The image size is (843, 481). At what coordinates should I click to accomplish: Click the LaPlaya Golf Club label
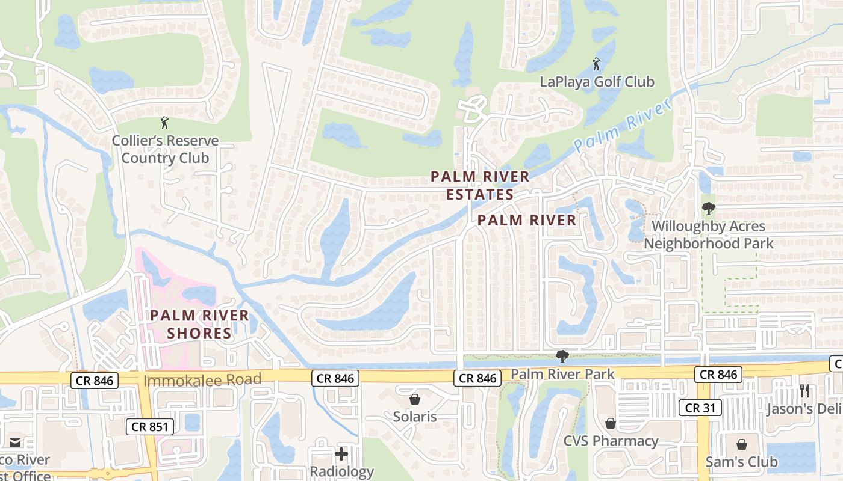[x=596, y=82]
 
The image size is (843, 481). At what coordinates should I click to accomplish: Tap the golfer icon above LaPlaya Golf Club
[x=596, y=63]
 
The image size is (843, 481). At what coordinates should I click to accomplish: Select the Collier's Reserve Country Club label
[x=165, y=150]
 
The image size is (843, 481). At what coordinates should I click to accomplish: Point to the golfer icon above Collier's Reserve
[x=164, y=123]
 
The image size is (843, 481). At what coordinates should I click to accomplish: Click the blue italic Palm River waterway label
[x=622, y=126]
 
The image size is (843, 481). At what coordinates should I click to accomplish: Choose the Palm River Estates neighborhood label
[x=480, y=185]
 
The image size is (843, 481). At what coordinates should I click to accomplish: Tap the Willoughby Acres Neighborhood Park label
[x=709, y=235]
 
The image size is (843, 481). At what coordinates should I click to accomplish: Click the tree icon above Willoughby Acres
[x=709, y=209]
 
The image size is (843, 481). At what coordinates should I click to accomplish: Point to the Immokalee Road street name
[x=202, y=379]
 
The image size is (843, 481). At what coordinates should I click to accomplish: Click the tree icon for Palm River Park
[x=562, y=357]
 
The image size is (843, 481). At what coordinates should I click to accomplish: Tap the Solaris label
[x=415, y=416]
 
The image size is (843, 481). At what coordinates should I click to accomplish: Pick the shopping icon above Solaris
[x=415, y=399]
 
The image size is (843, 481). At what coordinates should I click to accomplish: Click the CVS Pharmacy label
[x=611, y=441]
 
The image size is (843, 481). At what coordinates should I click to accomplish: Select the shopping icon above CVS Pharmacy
[x=611, y=423]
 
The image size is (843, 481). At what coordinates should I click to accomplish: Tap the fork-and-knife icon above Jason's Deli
[x=804, y=390]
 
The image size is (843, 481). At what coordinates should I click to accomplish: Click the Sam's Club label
[x=741, y=462]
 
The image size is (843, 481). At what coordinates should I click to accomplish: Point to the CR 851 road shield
[x=151, y=427]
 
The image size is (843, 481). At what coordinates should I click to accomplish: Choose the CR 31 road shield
[x=700, y=408]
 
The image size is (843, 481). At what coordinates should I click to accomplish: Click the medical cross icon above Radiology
[x=341, y=453]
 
